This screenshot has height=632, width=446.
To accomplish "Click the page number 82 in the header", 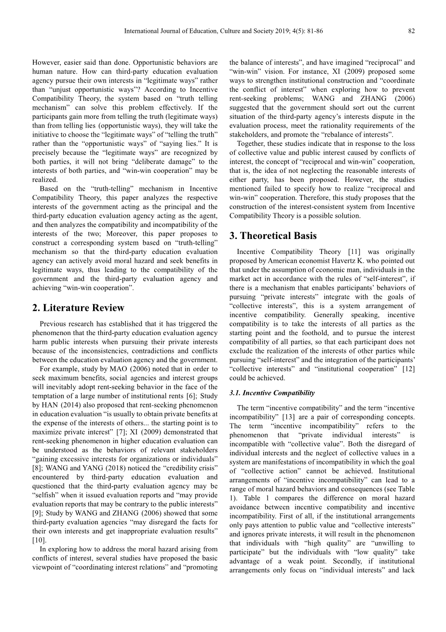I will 411,31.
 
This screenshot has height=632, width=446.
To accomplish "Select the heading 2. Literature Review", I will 78,308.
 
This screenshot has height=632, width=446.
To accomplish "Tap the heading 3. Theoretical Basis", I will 273,236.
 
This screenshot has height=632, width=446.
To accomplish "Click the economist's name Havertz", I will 381,261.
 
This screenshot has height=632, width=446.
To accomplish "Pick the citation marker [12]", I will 407,369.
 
